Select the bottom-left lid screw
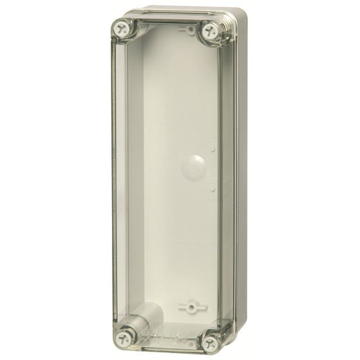coord(123,338)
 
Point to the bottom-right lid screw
coord(212,341)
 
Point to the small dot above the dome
coord(213,149)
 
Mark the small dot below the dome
coord(213,188)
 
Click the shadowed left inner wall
coord(135,169)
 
